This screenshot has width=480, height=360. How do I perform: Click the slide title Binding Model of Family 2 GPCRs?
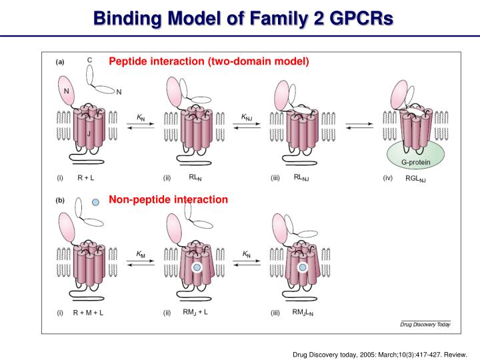coord(243,17)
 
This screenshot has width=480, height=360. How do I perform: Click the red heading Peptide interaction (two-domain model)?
coord(209,61)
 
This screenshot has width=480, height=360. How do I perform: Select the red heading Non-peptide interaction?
coord(168,199)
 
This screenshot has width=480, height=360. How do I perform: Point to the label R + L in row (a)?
coord(86,178)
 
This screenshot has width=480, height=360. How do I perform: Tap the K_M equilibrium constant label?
coord(141,254)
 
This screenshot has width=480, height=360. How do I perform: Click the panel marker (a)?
coord(60,62)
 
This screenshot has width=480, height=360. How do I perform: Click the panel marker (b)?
coord(60,199)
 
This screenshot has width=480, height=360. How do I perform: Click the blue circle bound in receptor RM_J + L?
coord(197,267)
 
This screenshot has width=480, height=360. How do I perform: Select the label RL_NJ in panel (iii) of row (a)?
coord(302,179)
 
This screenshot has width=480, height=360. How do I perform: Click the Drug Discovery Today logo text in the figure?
coord(425,324)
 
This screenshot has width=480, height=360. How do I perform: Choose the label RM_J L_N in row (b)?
coord(305,312)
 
